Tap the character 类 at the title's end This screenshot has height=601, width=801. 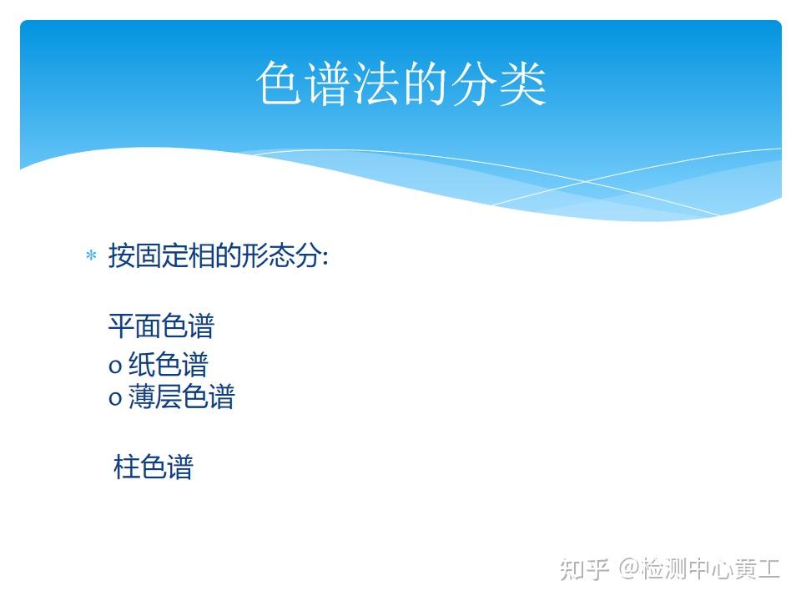pyautogui.click(x=523, y=83)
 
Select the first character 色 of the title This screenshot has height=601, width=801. pyautogui.click(x=279, y=83)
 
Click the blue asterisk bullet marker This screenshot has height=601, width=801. pyautogui.click(x=91, y=255)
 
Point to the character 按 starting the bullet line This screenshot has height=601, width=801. pyautogui.click(x=122, y=255)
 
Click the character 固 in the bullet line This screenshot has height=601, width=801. pyautogui.click(x=149, y=255)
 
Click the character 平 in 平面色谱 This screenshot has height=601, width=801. pyautogui.click(x=122, y=326)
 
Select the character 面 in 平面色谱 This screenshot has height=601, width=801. pyautogui.click(x=149, y=326)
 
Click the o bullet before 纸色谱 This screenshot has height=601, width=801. pyautogui.click(x=115, y=366)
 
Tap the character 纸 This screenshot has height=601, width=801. pyautogui.click(x=142, y=364)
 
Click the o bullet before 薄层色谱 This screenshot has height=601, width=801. pyautogui.click(x=115, y=398)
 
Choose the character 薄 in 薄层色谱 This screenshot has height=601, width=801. pyautogui.click(x=142, y=396)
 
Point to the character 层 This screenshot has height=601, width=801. pyautogui.click(x=168, y=396)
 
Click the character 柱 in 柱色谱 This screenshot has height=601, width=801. pyautogui.click(x=126, y=467)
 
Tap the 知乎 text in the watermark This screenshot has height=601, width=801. pyautogui.click(x=584, y=568)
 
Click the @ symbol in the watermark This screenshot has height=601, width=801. pyautogui.click(x=629, y=568)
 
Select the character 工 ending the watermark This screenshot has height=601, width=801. pyautogui.click(x=768, y=568)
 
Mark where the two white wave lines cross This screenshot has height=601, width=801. pyautogui.click(x=586, y=181)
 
